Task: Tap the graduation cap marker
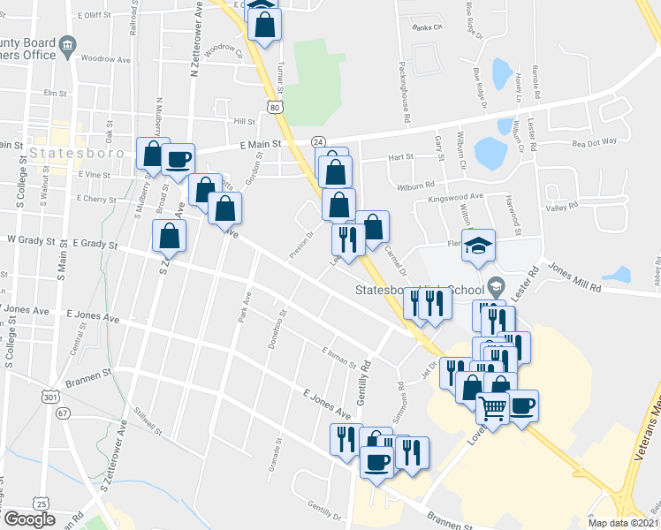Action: (478, 246)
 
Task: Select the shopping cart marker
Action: (491, 407)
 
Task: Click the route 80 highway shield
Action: (276, 107)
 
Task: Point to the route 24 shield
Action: (318, 141)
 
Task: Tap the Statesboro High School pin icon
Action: (495, 287)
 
